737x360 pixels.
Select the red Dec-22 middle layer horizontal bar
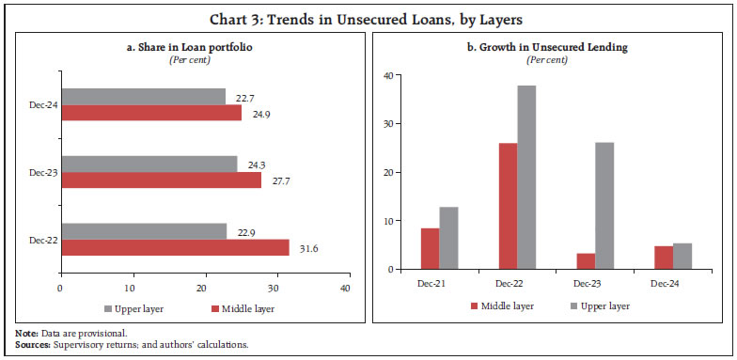tap(175, 247)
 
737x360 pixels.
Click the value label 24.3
tap(255, 164)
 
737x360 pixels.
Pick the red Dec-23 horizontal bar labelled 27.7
tap(160, 180)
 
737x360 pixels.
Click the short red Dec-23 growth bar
tap(585, 261)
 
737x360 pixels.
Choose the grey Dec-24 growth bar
tap(683, 257)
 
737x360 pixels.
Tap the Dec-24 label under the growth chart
tap(673, 283)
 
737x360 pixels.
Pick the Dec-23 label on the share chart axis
tap(42, 172)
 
